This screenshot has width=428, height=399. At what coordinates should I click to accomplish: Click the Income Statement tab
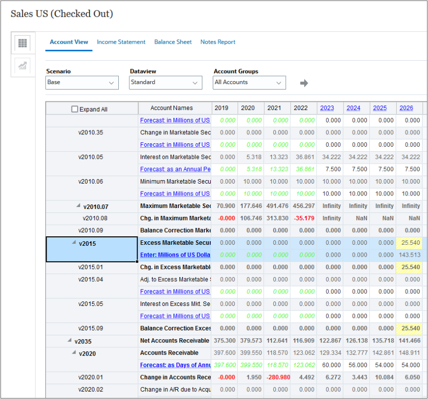[x=121, y=42]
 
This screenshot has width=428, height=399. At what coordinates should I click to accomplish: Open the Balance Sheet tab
[x=172, y=42]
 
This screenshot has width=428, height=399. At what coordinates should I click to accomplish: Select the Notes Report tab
[x=218, y=42]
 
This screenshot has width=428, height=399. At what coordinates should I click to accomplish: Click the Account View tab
[x=69, y=42]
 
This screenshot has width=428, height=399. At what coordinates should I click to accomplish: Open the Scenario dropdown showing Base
[x=82, y=83]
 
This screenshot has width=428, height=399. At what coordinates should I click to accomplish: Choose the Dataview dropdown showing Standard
[x=166, y=83]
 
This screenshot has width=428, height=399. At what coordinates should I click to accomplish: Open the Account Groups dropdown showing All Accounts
[x=249, y=83]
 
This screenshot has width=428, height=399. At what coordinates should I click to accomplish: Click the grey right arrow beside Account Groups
[x=304, y=83]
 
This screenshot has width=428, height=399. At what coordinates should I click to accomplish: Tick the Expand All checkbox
[x=75, y=109]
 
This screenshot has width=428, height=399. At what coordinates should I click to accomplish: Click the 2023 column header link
[x=327, y=108]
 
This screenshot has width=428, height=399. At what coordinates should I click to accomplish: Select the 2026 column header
[x=406, y=108]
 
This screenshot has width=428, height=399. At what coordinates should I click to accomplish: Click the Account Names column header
[x=171, y=108]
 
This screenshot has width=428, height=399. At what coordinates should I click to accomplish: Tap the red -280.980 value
[x=278, y=377]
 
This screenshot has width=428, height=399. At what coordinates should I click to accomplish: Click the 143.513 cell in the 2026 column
[x=410, y=255]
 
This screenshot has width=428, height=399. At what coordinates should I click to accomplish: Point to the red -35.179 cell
[x=304, y=218]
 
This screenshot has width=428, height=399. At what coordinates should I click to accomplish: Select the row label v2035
[x=83, y=341]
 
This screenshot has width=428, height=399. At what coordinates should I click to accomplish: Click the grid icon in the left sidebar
[x=22, y=43]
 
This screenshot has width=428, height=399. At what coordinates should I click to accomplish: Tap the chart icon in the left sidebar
[x=22, y=66]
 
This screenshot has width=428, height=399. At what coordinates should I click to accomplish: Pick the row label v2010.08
[x=95, y=218]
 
